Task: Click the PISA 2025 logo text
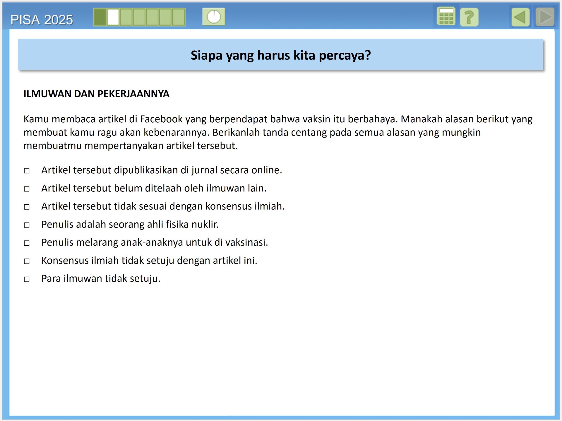tap(42, 20)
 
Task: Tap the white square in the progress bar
tap(113, 17)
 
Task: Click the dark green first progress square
tap(100, 17)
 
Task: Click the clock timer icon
tap(214, 17)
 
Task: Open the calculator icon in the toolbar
tap(446, 17)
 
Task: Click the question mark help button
tap(469, 17)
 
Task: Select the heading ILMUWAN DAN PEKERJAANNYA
tap(96, 94)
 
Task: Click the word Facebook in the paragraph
tap(161, 119)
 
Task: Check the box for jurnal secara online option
tap(27, 171)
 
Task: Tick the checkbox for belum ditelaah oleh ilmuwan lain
tap(27, 189)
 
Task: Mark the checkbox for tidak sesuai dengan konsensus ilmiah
tap(27, 207)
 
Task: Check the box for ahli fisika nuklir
tap(27, 225)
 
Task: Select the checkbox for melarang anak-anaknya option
tap(27, 243)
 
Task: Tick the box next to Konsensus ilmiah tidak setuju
tap(27, 261)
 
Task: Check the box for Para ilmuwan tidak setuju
tap(27, 279)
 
